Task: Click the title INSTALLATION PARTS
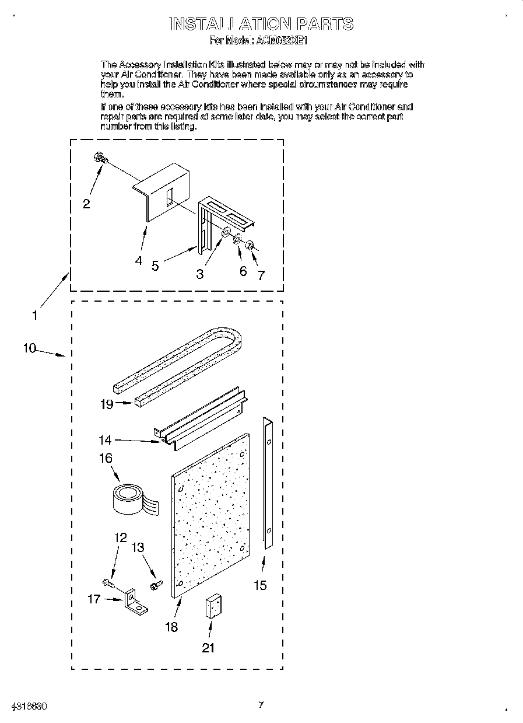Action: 261,24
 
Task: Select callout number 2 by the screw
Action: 86,204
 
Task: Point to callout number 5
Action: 155,265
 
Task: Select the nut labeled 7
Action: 250,245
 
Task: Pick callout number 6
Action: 243,271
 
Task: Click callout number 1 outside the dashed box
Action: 34,315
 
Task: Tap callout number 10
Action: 29,348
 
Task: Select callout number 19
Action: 106,404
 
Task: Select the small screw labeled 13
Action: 155,584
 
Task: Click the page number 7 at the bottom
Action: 261,705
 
